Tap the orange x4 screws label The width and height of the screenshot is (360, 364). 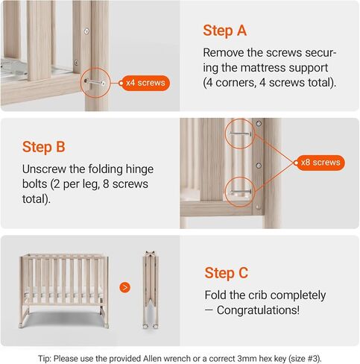[x=145, y=82]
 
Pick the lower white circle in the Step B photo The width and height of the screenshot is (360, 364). [x=241, y=190]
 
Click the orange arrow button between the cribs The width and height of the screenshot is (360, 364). [x=125, y=286]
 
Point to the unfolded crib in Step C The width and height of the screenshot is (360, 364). [x=63, y=287]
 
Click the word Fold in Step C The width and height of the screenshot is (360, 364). [x=216, y=295]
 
